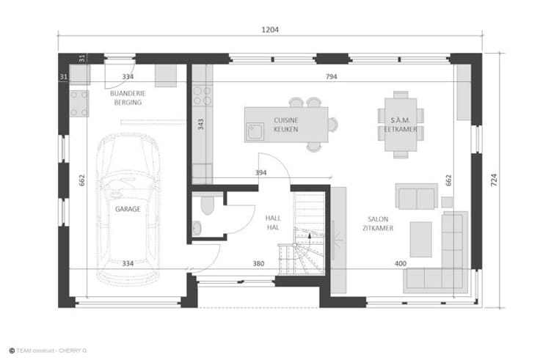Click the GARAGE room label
(128, 209)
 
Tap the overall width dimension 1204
(270, 30)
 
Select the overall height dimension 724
(494, 180)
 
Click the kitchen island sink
(255, 131)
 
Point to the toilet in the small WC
(208, 205)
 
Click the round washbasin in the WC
(197, 228)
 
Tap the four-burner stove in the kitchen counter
(202, 95)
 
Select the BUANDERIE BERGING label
(128, 98)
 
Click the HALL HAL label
(273, 223)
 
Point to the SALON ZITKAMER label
(378, 224)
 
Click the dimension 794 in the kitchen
(332, 76)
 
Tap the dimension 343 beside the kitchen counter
(201, 124)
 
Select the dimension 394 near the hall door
(260, 172)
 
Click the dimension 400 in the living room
(401, 264)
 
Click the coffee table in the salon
(420, 239)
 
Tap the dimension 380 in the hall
(259, 264)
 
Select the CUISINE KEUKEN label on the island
(286, 125)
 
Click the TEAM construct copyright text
(48, 350)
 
